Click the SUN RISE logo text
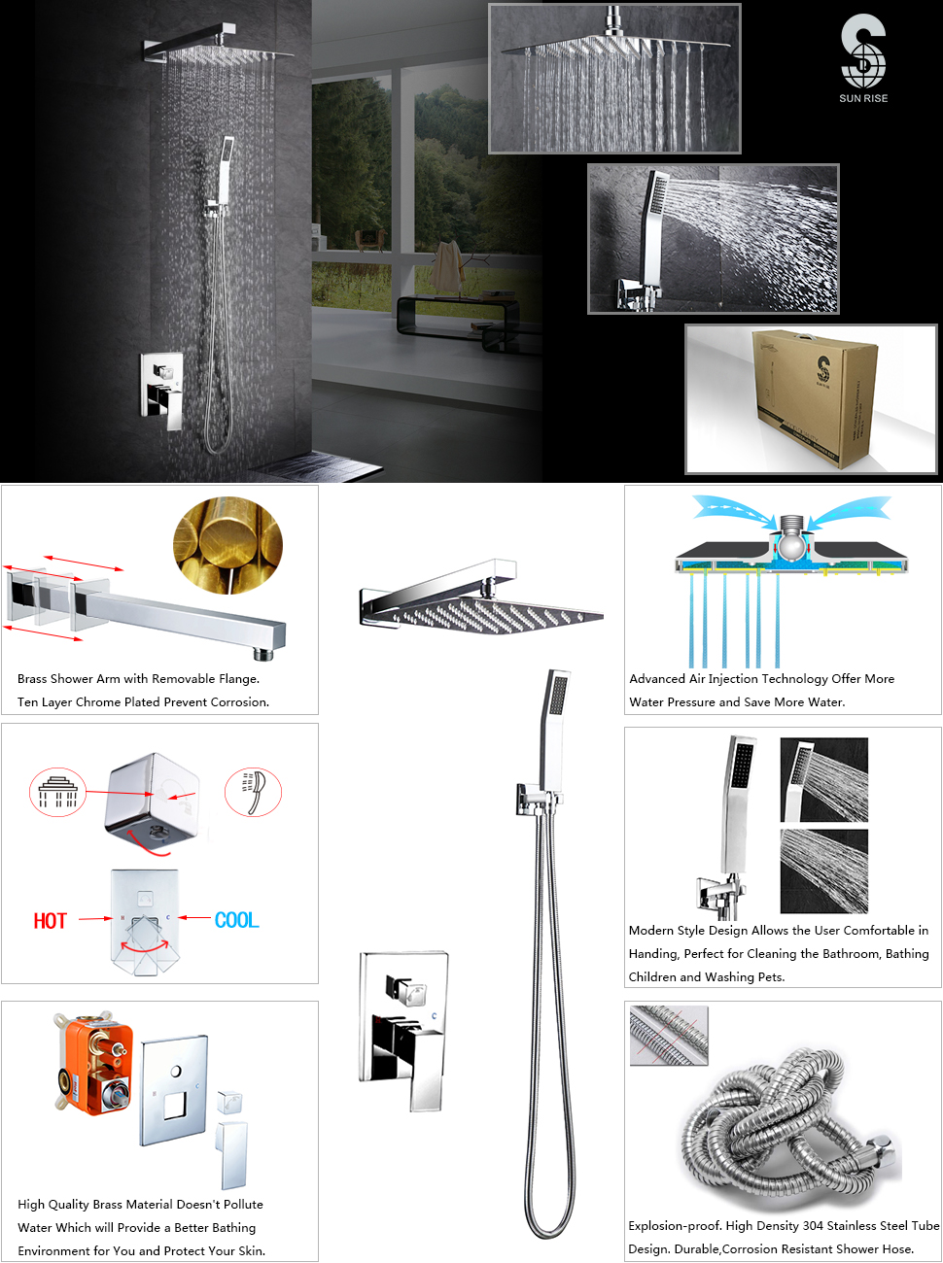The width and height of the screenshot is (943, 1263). (x=863, y=98)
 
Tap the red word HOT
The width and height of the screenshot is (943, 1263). (x=51, y=921)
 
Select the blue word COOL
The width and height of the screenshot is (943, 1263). (x=236, y=920)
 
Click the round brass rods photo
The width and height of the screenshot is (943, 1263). (x=227, y=545)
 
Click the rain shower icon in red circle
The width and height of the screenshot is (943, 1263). (x=57, y=792)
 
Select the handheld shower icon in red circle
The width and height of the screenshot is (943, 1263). (x=253, y=792)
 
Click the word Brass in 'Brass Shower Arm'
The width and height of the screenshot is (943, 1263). (x=32, y=679)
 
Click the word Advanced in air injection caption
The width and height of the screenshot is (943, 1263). (x=657, y=679)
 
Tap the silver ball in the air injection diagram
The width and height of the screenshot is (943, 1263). (x=790, y=547)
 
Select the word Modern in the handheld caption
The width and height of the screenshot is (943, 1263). (x=651, y=931)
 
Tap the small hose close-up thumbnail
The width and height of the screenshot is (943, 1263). (x=669, y=1035)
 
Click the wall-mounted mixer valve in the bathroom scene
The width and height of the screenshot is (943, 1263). (x=161, y=390)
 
